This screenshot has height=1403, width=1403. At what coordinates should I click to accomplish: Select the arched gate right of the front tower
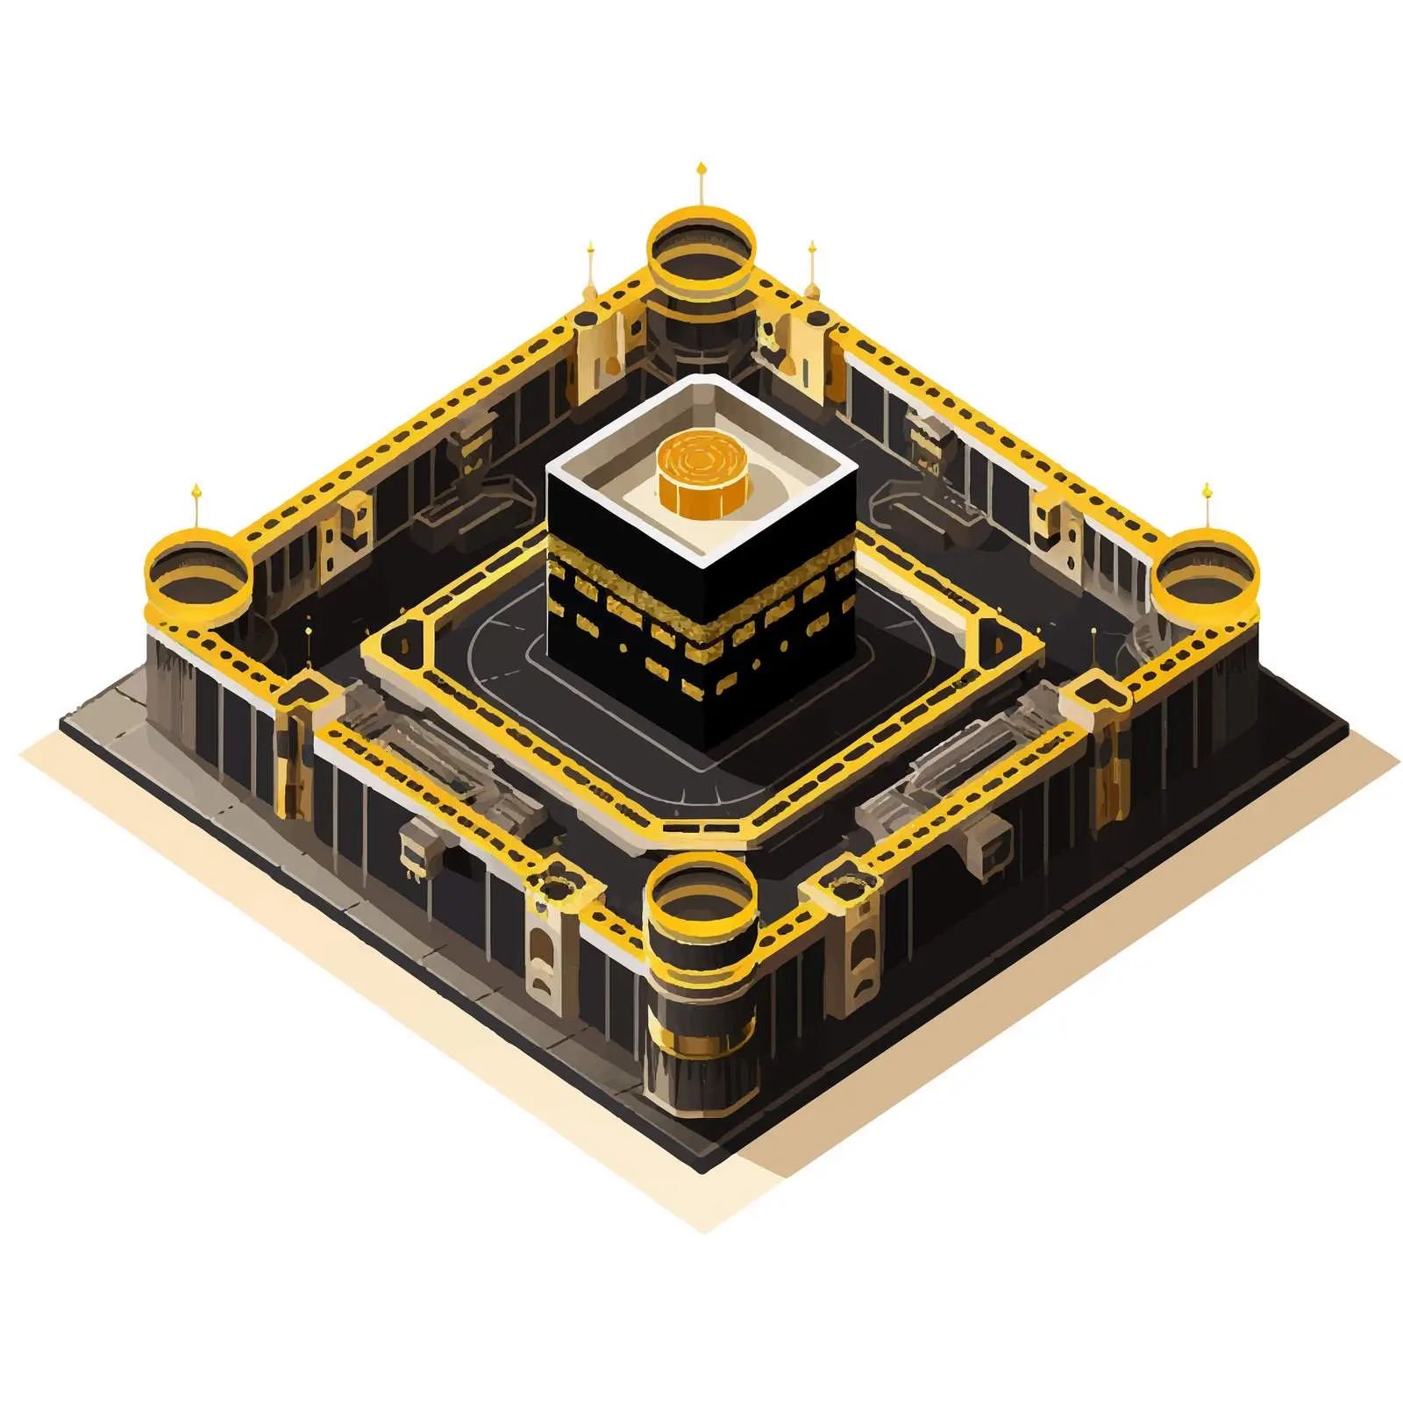pos(864,960)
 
